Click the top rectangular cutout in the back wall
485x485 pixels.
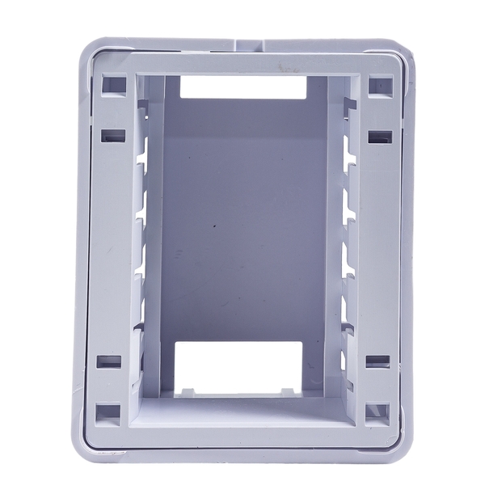pos(242,87)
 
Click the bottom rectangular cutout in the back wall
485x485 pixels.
pos(238,367)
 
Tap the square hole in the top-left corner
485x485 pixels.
pos(114,84)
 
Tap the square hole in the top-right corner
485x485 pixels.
pos(379,85)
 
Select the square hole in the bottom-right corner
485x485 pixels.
pos(377,412)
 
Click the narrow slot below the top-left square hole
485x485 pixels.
pos(114,136)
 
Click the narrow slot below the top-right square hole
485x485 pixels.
pos(379,137)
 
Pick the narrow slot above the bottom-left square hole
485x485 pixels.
pos(108,361)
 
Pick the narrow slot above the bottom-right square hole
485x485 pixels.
pos(377,361)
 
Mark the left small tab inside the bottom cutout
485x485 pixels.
pos(187,392)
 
